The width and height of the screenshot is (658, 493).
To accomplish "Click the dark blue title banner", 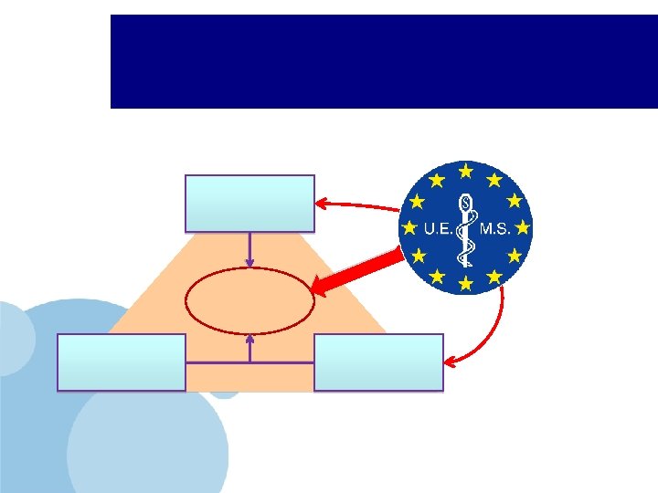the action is coord(384,61).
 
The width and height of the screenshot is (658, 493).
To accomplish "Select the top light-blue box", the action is coord(250,203).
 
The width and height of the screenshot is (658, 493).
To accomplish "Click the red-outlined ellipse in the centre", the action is coord(250,300).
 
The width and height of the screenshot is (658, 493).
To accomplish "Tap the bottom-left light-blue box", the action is coord(122,362).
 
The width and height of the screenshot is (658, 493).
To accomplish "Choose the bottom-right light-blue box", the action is coord(378,362).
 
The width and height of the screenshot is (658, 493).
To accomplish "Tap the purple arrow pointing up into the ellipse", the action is coord(250,347).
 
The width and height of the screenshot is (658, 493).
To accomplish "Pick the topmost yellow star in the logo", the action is coord(466,172).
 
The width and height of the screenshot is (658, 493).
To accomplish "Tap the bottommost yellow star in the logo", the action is coord(466,284).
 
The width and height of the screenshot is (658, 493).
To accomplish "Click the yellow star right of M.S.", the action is coord(523,226).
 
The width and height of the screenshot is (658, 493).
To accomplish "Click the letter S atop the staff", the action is coord(466,201).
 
